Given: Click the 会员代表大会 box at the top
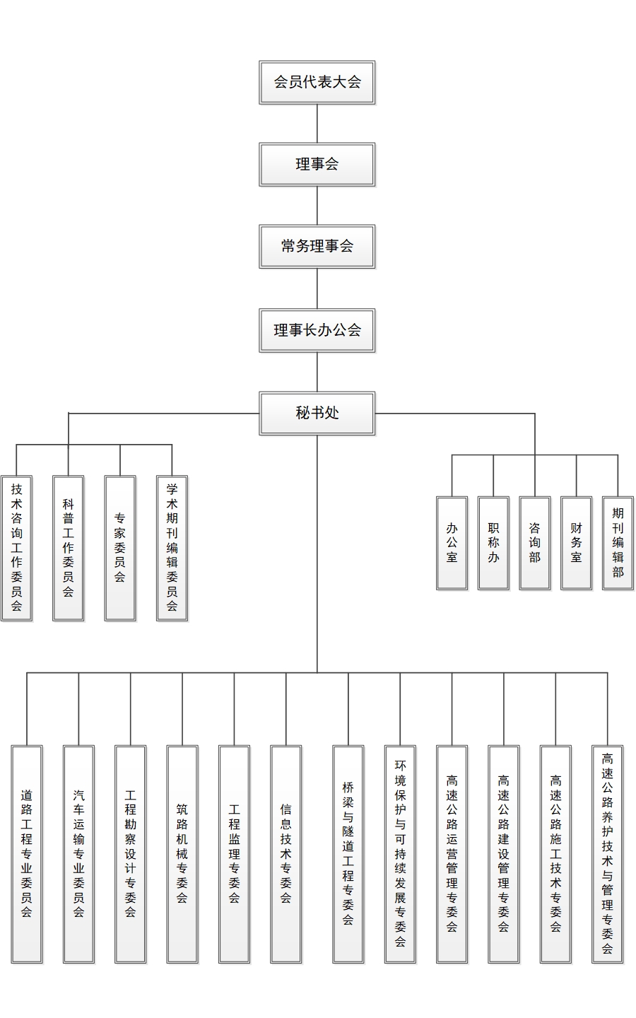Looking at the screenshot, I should click(x=317, y=82).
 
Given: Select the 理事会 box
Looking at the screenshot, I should click(x=317, y=164).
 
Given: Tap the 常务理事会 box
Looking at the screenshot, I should click(x=317, y=246).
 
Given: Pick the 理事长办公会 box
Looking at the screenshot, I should click(x=317, y=329).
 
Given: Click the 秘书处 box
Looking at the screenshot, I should click(x=317, y=412).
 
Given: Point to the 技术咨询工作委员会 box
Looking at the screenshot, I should click(x=16, y=548).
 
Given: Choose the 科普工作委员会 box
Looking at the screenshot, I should click(x=68, y=548).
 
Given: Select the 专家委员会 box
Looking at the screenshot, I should click(x=120, y=548).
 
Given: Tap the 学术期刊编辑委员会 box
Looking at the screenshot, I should click(x=172, y=548).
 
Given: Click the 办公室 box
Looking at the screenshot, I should click(x=452, y=542).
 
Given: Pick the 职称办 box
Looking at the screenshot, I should click(x=493, y=542).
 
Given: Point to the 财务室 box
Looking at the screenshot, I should click(x=576, y=542).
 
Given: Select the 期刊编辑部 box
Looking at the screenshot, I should click(x=618, y=542).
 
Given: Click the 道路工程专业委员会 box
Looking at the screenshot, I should click(x=27, y=853).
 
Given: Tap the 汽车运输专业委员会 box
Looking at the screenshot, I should click(x=78, y=853).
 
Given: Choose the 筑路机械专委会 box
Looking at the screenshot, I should click(x=182, y=853).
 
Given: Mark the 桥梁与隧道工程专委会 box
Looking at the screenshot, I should click(x=348, y=853).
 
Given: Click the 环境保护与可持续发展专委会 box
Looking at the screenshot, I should click(x=400, y=853).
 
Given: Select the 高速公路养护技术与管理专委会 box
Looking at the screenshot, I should click(x=607, y=853).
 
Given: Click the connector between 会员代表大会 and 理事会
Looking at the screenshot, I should click(x=317, y=124).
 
